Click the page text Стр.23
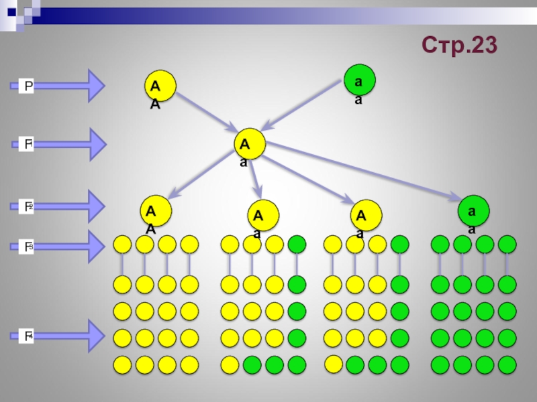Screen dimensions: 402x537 [460, 45]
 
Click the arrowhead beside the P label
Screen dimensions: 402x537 [94, 85]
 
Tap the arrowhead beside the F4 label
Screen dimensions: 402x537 [94, 336]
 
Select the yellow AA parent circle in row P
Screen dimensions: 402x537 [161, 85]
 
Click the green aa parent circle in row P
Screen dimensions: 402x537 [359, 80]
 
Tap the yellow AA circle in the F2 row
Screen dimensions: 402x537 [156, 211]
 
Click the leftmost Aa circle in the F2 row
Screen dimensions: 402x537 [263, 215]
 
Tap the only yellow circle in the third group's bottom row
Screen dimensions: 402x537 [333, 364]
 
